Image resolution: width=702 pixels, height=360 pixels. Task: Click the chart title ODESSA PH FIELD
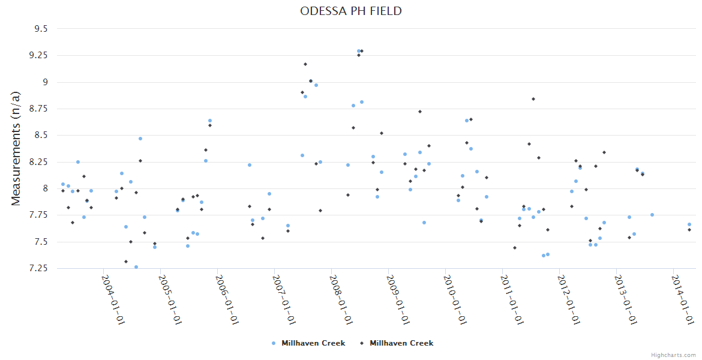pos(351,11)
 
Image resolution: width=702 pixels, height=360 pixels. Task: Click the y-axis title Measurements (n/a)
pos(17,148)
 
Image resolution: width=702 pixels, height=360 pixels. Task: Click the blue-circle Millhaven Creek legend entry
pos(308,343)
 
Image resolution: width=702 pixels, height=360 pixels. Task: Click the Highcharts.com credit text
pos(673,355)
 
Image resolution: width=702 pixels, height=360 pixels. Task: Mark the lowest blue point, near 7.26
pos(136,267)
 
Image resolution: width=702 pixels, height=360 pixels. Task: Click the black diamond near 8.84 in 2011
pos(533,99)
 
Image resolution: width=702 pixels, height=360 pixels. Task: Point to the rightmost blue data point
pos(689,224)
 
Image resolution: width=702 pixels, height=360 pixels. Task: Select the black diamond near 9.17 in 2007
pos(305,64)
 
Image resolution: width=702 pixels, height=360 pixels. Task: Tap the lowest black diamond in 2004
pos(126,262)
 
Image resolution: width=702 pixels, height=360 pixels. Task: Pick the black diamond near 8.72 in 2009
pos(420,112)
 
